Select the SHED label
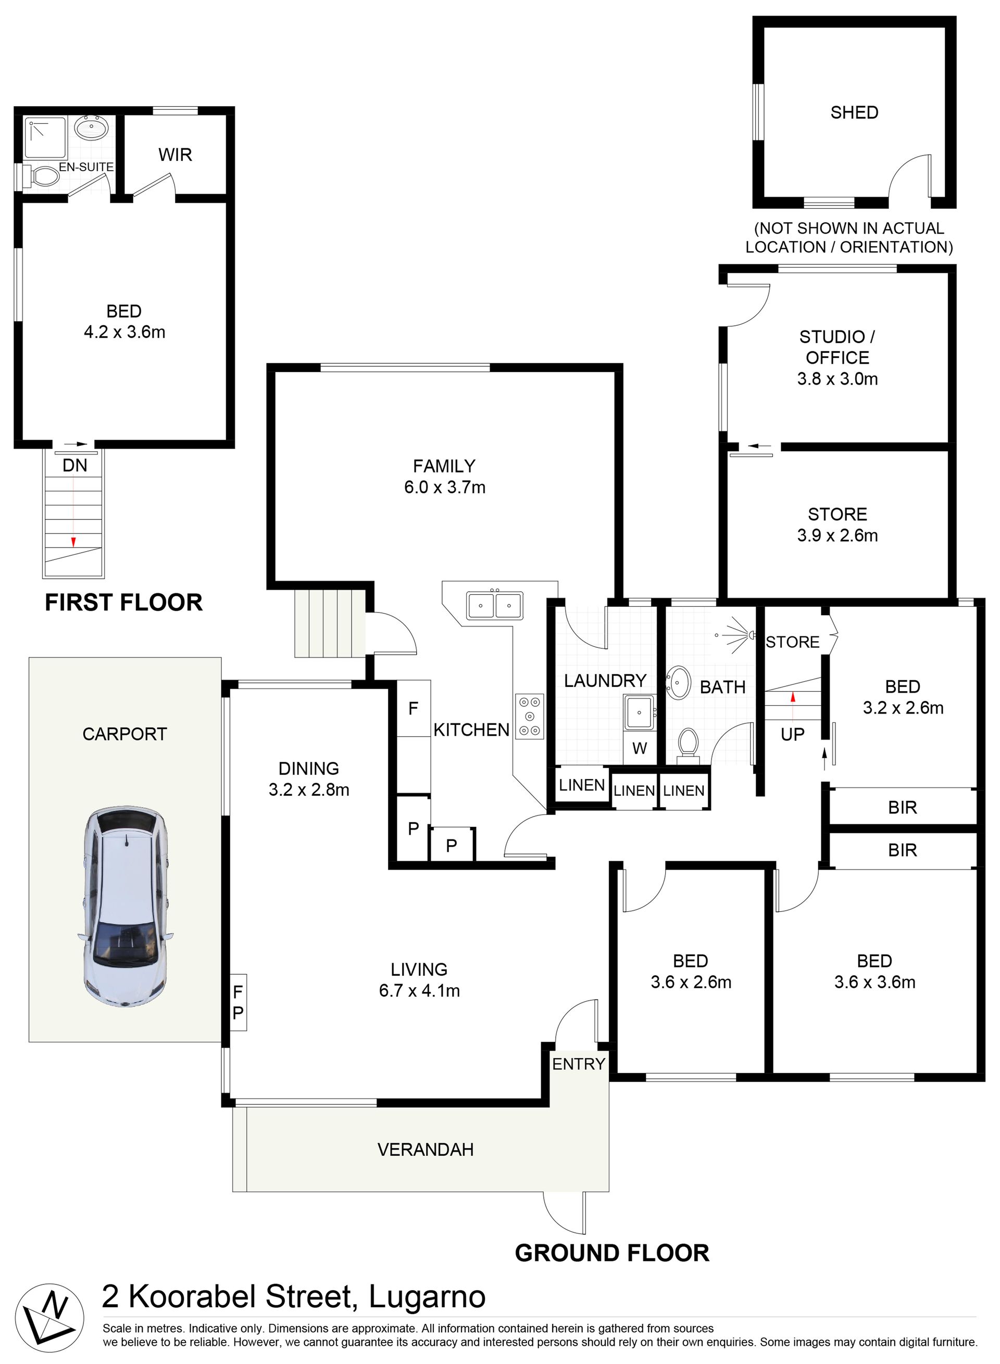click(x=854, y=112)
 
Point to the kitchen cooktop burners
click(x=530, y=717)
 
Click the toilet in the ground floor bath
click(x=687, y=742)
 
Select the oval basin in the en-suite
click(x=91, y=128)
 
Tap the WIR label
click(x=175, y=155)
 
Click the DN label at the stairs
click(x=75, y=465)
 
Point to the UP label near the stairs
click(x=792, y=734)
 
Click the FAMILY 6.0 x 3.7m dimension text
click(x=445, y=487)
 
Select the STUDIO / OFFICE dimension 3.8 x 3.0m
click(x=837, y=379)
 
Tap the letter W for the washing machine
click(x=639, y=748)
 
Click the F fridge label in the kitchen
click(x=414, y=708)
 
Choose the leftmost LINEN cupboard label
click(x=582, y=785)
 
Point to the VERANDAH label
click(x=426, y=1150)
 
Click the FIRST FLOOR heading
click(x=124, y=603)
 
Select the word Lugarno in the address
click(x=428, y=1297)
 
